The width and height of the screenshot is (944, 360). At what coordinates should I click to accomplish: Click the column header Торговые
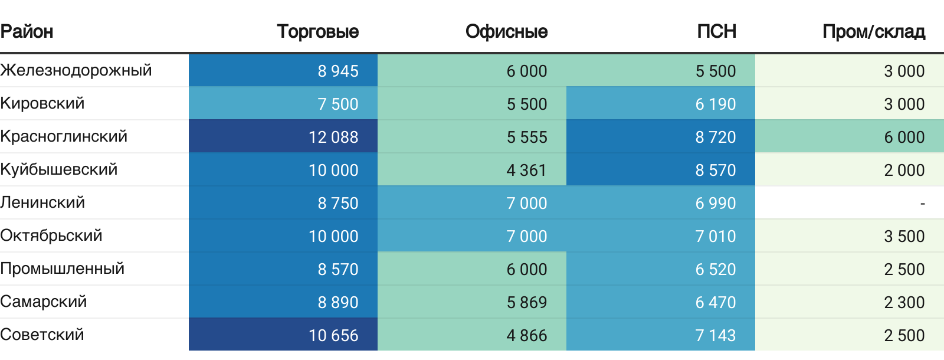pyautogui.click(x=317, y=31)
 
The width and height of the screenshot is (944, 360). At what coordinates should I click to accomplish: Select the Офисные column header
pyautogui.click(x=506, y=31)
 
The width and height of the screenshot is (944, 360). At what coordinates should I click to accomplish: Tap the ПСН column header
pyautogui.click(x=716, y=31)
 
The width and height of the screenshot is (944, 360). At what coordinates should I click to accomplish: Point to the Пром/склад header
pyautogui.click(x=873, y=31)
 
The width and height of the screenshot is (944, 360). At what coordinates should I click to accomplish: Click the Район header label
pyautogui.click(x=27, y=31)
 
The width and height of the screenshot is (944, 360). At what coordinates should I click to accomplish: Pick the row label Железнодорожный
pyautogui.click(x=76, y=70)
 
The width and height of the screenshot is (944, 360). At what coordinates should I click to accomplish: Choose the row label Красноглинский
pyautogui.click(x=64, y=136)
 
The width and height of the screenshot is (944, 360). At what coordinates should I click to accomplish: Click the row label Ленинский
pyautogui.click(x=42, y=202)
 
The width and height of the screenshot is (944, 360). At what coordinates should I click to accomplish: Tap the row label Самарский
pyautogui.click(x=44, y=302)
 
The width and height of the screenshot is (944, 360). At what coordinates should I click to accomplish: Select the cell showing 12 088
pyautogui.click(x=333, y=137)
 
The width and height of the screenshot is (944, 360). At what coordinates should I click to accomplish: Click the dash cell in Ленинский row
pyautogui.click(x=922, y=204)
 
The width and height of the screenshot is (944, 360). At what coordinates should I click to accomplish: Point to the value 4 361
pyautogui.click(x=526, y=170)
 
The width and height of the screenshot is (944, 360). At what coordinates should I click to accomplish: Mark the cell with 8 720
pyautogui.click(x=715, y=137)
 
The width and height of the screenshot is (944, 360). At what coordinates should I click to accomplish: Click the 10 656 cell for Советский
pyautogui.click(x=333, y=335)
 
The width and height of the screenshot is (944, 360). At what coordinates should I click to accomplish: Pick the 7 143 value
pyautogui.click(x=715, y=335)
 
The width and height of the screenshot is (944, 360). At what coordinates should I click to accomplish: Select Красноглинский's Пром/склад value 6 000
pyautogui.click(x=904, y=137)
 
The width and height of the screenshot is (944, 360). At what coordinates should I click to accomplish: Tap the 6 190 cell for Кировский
pyautogui.click(x=715, y=104)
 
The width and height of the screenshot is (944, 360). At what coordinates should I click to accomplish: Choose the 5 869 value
pyautogui.click(x=526, y=302)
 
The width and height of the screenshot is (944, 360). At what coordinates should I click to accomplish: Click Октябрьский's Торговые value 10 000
pyautogui.click(x=333, y=236)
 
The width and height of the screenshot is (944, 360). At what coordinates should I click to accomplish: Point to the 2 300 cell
pyautogui.click(x=904, y=302)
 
